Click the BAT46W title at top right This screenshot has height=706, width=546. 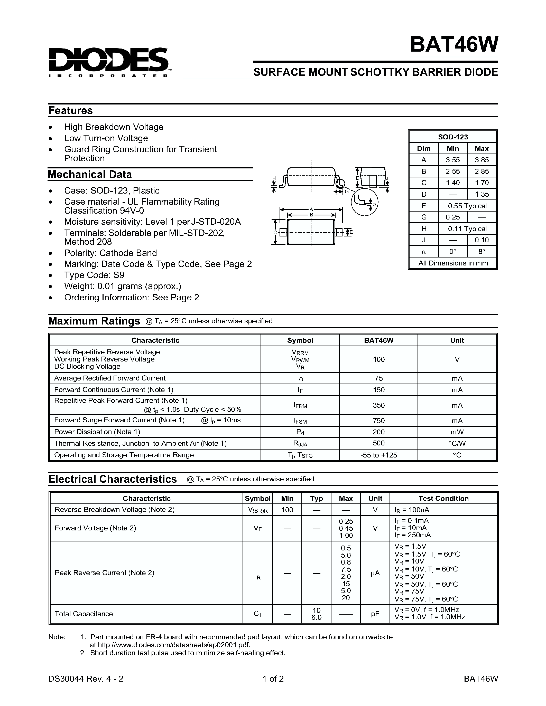click(x=454, y=44)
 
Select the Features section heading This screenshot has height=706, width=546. click(x=70, y=111)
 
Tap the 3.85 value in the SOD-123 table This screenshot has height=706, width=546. click(x=481, y=160)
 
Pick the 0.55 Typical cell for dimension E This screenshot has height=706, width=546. click(x=467, y=206)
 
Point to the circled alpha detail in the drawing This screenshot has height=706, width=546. click(x=365, y=203)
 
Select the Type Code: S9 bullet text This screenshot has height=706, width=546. click(x=94, y=275)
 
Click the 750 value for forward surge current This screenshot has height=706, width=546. click(x=378, y=421)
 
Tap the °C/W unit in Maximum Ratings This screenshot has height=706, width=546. click(x=457, y=443)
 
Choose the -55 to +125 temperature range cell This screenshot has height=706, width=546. click(x=378, y=455)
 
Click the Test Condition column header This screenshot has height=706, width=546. click(x=443, y=498)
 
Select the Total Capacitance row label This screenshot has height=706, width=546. click(x=84, y=614)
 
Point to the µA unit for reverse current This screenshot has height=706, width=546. click(x=375, y=573)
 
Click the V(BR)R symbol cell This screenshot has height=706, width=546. click(x=257, y=510)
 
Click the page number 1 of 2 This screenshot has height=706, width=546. click(x=273, y=679)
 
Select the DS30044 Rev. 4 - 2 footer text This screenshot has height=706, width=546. click(x=86, y=679)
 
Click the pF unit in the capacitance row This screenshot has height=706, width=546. click(x=375, y=614)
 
